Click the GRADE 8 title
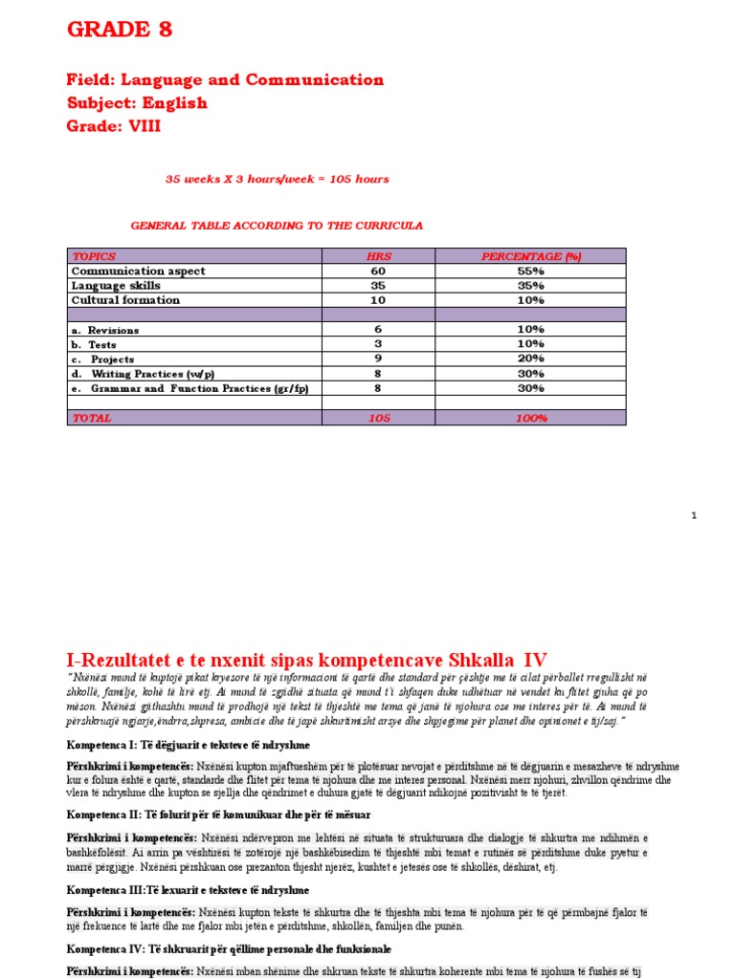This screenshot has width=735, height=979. point(120,30)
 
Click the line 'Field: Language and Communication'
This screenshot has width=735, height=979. point(225,80)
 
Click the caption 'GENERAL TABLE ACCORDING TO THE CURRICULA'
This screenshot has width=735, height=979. point(276,226)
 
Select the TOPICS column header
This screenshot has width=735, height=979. point(93,256)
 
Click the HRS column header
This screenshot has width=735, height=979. point(379,256)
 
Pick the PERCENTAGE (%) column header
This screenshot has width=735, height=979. point(531,256)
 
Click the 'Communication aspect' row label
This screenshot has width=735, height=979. point(138,271)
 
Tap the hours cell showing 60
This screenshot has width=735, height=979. point(379,271)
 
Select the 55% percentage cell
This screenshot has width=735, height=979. point(531,271)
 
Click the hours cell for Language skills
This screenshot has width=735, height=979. point(379,285)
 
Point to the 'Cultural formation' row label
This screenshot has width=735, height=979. point(125,299)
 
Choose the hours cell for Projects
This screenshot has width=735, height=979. point(379,359)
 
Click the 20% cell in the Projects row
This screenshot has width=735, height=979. point(531,359)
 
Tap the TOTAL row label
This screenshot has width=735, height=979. point(92,418)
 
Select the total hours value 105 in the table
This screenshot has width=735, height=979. point(379,418)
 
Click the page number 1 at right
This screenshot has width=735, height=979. point(695,516)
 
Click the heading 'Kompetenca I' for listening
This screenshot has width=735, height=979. point(187,745)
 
